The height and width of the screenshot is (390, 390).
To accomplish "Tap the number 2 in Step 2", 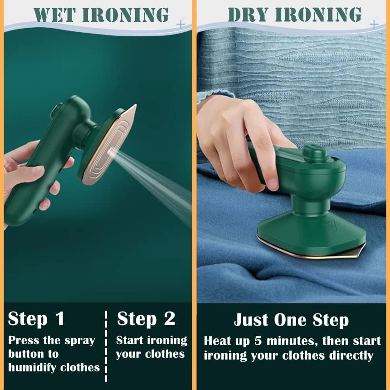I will click(169, 319).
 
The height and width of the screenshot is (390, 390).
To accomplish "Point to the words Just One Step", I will click(291, 320).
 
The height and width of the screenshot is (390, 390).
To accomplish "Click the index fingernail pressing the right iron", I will click(272, 184).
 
